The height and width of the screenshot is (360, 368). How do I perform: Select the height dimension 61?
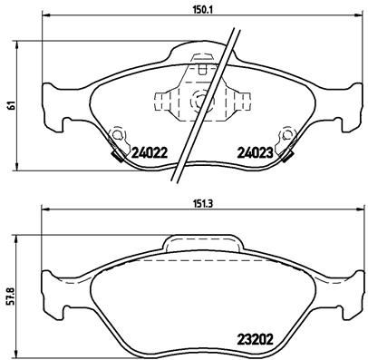[x=10, y=105]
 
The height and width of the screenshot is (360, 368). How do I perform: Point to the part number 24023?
[x=256, y=154]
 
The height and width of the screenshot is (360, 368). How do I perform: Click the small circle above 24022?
[x=115, y=136]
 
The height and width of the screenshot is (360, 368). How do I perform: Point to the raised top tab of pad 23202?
[x=201, y=242]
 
